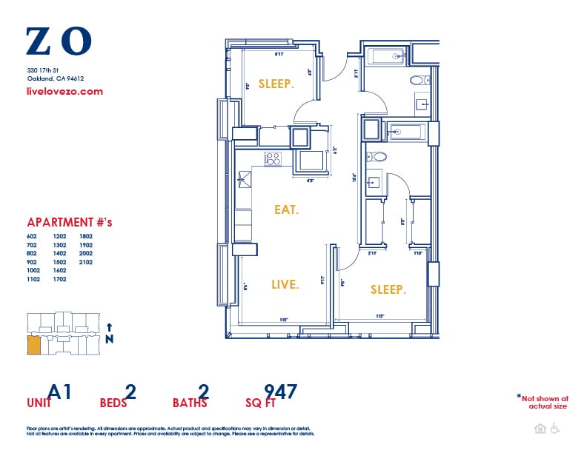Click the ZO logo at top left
pos(59,41)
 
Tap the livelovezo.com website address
pos(64,92)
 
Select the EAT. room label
pos(286,210)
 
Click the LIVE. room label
pos(285,284)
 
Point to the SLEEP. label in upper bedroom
pos(276,84)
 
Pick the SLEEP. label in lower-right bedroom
pos(388,290)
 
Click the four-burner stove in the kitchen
pos(273,158)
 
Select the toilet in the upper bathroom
pos(418,80)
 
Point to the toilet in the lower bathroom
pos(377,157)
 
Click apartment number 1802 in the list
pos(85,236)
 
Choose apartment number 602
pos(33,236)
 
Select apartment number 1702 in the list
pos(60,279)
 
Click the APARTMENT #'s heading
pos(69,222)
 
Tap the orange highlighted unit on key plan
pos(33,345)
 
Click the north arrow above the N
pos(110,326)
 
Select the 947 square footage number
pos(281,391)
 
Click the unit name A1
pos(60,391)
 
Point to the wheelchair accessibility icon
pos(555,429)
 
